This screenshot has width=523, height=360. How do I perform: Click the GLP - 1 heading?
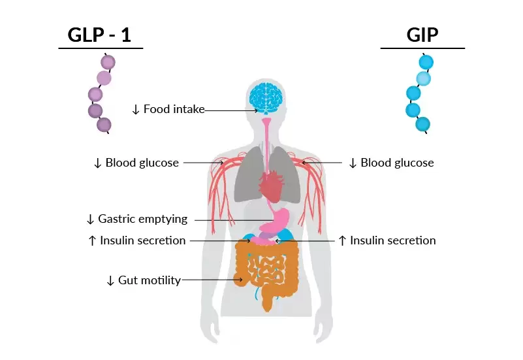pos(100,35)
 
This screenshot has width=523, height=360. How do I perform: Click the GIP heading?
pos(422,35)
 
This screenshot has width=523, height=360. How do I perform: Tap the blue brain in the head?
pos(265,97)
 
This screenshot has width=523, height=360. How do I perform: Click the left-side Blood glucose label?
pos(142,163)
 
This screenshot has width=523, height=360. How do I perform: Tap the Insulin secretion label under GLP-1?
pos(142,240)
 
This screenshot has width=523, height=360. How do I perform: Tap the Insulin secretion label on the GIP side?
pos(392,240)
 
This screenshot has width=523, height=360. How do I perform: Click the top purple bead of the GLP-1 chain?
pos(108,63)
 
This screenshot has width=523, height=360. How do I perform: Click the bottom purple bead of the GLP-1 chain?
pos(104,125)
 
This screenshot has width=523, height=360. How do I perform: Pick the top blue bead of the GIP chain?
pos(426,63)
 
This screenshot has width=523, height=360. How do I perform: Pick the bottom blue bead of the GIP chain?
pos(422,123)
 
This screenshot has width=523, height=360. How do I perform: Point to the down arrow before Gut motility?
pos(110,280)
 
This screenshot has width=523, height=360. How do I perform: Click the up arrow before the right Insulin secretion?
pos(342,240)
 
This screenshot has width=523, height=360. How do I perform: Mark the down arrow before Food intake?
pos(136,109)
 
